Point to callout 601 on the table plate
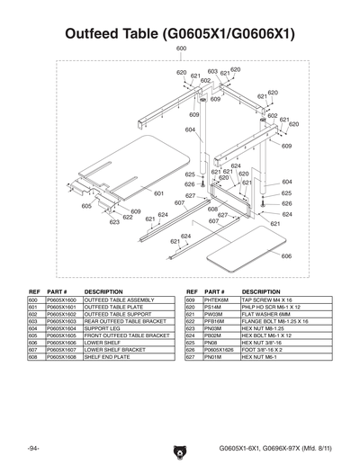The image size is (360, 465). (158, 192)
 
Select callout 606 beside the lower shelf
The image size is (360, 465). (285, 255)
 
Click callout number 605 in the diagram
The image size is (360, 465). (86, 206)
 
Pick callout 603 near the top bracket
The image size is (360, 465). (212, 72)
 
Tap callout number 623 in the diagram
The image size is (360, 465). (114, 221)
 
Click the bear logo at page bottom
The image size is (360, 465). (180, 447)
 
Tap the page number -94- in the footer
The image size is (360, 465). (33, 447)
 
